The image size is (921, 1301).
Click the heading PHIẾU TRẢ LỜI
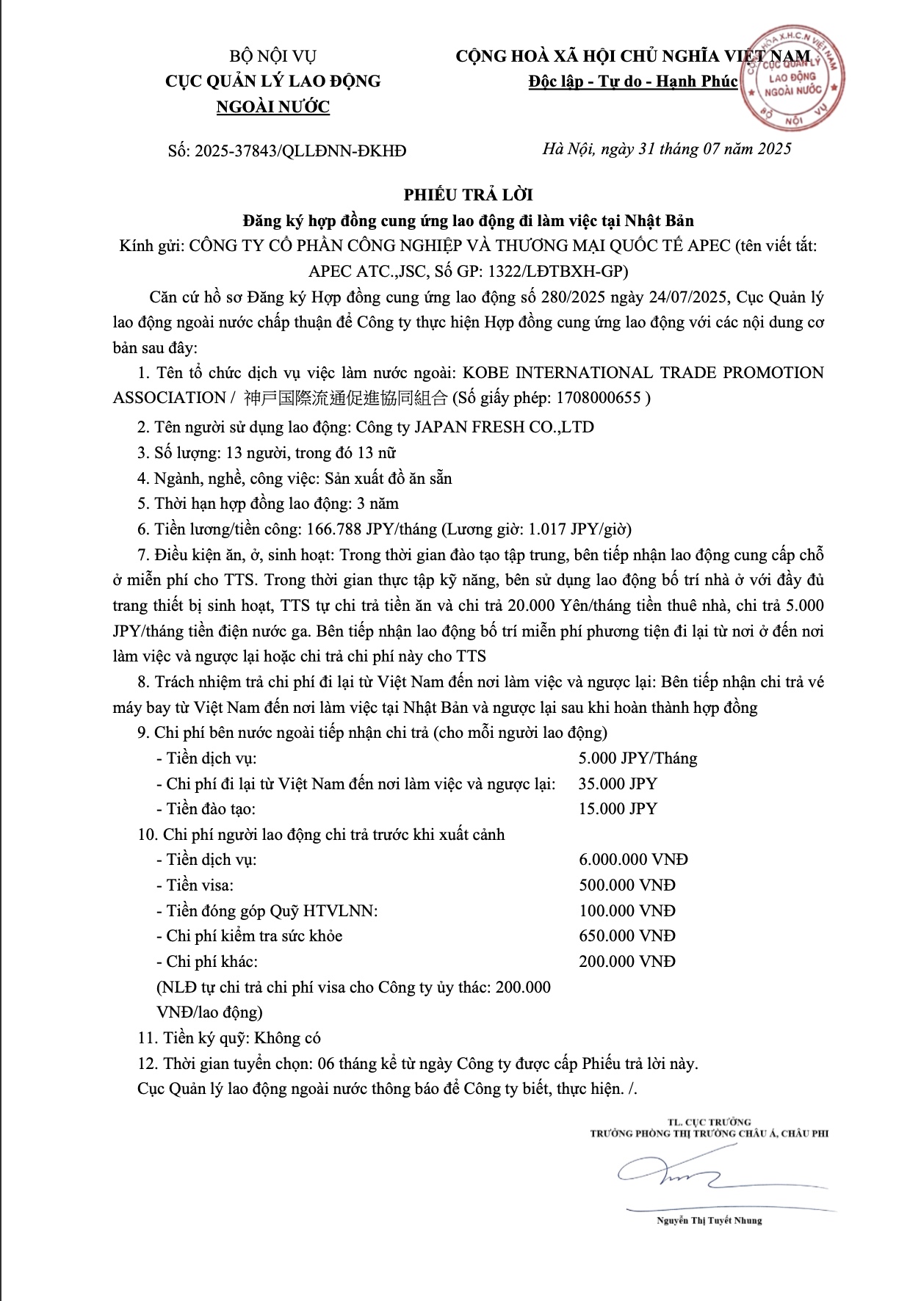(x=468, y=195)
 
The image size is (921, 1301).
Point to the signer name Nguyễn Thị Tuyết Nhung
(x=709, y=1220)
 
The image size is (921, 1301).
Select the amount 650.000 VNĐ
(x=626, y=936)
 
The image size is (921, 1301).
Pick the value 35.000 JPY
(x=618, y=783)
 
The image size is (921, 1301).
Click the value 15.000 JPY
(x=618, y=809)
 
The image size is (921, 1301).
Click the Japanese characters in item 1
(x=345, y=398)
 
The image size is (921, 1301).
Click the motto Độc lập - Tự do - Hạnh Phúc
(x=632, y=81)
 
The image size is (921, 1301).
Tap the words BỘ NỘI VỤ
(x=272, y=56)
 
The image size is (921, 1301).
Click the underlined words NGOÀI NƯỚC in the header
(x=272, y=107)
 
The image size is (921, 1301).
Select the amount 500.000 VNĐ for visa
(x=626, y=885)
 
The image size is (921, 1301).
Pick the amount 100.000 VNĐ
(x=626, y=911)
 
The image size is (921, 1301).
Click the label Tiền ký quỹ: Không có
(x=229, y=1038)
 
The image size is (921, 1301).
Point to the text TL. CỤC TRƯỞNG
(x=709, y=1122)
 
